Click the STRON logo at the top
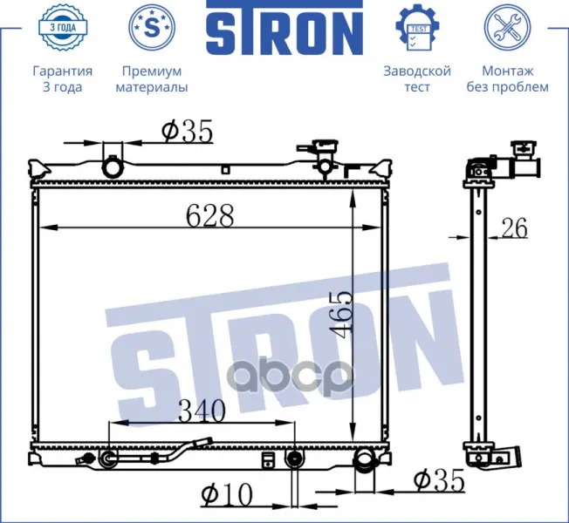click(x=284, y=27)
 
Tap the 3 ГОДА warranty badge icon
click(x=63, y=28)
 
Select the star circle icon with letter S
click(x=152, y=27)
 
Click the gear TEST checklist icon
click(x=417, y=27)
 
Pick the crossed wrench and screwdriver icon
click(x=507, y=27)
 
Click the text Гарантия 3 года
click(x=63, y=79)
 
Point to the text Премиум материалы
click(x=152, y=79)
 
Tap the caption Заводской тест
click(x=417, y=79)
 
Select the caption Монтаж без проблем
click(x=507, y=79)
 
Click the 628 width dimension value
click(x=209, y=215)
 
